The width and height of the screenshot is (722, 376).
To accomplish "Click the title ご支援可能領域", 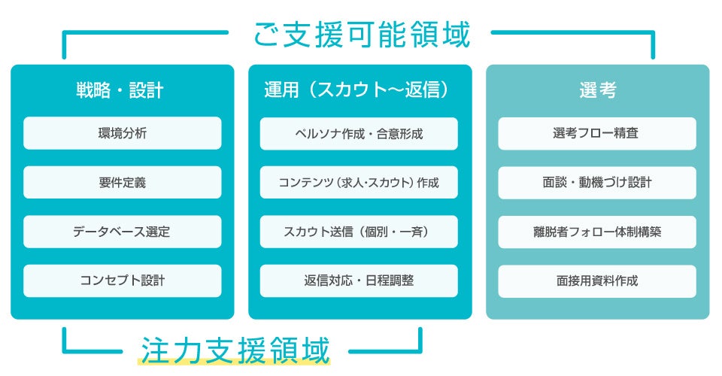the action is point(362,35).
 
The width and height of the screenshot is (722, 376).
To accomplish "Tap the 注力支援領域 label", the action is point(235,350).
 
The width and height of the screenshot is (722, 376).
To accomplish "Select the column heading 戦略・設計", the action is point(120,90).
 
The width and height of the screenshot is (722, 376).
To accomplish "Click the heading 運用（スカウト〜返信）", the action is point(356,89).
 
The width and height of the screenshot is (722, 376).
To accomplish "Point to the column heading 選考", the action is point(598,89).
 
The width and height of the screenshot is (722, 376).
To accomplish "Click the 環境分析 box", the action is point(123,133).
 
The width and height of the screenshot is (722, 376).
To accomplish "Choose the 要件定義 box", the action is point(123,182).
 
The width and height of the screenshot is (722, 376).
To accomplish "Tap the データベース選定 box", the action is point(123,232).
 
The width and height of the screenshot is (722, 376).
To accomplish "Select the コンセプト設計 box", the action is point(123,280).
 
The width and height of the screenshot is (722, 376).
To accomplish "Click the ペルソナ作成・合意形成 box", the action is point(359,133).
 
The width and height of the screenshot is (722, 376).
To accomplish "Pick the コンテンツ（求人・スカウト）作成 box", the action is point(359,182).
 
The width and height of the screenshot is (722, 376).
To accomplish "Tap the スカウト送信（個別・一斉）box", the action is point(359,232).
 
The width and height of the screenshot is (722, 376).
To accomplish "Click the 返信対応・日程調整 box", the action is point(359,280).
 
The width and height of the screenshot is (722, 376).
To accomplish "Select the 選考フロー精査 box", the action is point(597,133).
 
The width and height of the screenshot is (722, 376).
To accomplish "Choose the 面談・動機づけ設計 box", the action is point(597,183).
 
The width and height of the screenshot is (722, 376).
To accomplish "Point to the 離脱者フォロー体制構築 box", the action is point(597,232).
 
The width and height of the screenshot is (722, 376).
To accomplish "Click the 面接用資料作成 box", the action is point(597,281).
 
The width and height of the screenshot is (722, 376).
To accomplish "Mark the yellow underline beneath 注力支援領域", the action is point(234,362).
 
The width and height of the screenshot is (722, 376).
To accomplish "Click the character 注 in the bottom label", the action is point(154,350).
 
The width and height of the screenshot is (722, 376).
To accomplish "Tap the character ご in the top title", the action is point(266,35).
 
